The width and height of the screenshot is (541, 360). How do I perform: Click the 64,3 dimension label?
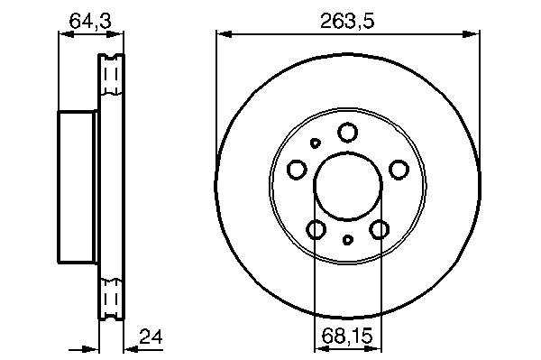point(90,21)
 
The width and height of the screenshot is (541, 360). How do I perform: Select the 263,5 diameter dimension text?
point(347,21)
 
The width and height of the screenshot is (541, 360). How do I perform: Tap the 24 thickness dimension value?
point(151,337)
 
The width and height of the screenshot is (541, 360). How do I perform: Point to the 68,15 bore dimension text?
point(347,336)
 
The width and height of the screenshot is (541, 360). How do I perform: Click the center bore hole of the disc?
point(348,186)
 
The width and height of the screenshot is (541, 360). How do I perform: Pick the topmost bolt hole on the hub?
point(347,133)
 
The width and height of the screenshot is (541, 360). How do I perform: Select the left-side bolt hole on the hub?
point(297,170)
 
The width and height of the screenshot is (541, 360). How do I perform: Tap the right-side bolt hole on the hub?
point(399,170)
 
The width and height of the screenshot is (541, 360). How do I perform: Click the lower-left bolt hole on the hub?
point(316,229)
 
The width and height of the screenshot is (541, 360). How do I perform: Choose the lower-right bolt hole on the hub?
point(380,229)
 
